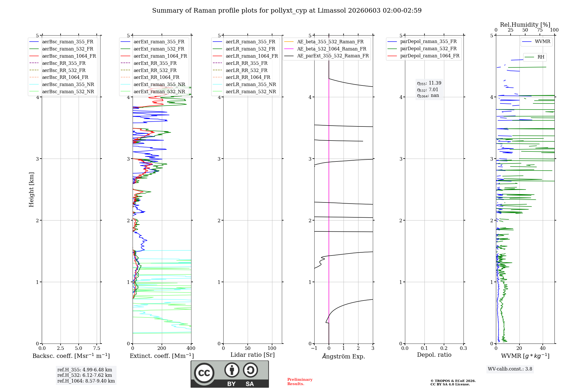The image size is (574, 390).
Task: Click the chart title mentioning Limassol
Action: tap(287, 11)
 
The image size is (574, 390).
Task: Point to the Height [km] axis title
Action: tap(31, 190)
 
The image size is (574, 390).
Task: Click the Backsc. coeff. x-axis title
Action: tap(71, 356)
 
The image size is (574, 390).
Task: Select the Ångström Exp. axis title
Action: tap(344, 356)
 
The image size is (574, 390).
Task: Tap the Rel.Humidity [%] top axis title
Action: tap(525, 25)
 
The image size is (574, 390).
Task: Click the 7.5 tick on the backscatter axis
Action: tap(97, 348)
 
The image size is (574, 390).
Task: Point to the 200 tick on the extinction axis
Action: tap(162, 348)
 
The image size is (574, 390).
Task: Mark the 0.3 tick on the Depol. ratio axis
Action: tap(463, 348)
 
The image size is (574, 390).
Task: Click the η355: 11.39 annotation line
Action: tap(429, 83)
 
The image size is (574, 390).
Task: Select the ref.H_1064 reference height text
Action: tap(86, 381)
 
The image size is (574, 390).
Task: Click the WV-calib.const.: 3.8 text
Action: tap(510, 369)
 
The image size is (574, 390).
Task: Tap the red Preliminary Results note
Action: tap(300, 382)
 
